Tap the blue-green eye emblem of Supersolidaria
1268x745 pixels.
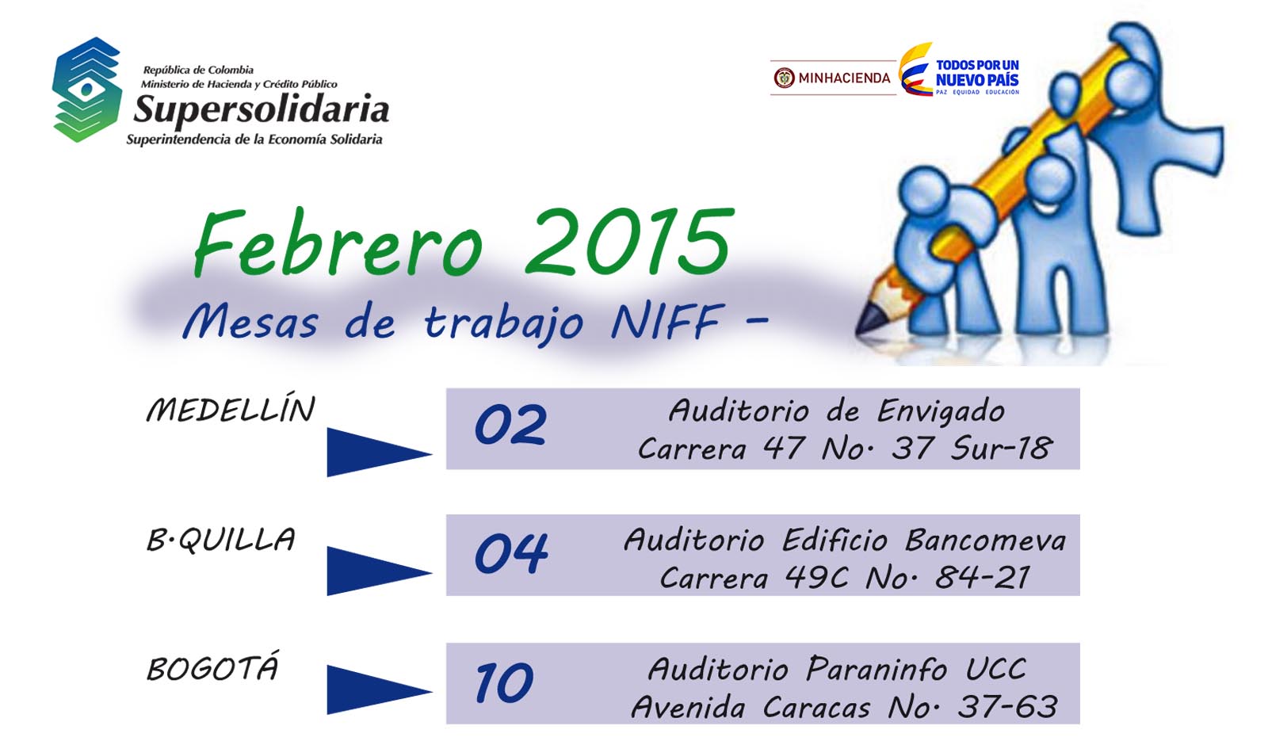point(86,90)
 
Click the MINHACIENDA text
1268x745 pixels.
point(844,78)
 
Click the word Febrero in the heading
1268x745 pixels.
point(338,243)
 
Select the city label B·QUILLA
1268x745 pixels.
point(221,539)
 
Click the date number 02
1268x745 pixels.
point(510,425)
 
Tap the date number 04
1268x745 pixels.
point(511,553)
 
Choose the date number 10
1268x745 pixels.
point(504,682)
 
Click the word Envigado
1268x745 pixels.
point(941,412)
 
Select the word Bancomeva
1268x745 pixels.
point(985,540)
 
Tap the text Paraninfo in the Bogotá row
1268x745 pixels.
point(877,669)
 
